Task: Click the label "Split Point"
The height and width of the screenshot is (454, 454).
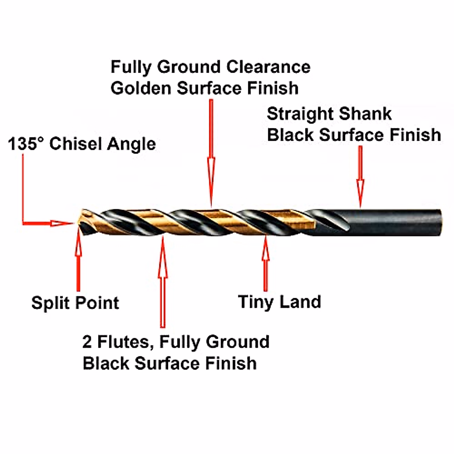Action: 75,303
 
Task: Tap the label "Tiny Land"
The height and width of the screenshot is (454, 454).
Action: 280,302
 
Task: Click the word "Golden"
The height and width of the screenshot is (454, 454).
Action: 141,88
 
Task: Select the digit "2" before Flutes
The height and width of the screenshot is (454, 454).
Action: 87,342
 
